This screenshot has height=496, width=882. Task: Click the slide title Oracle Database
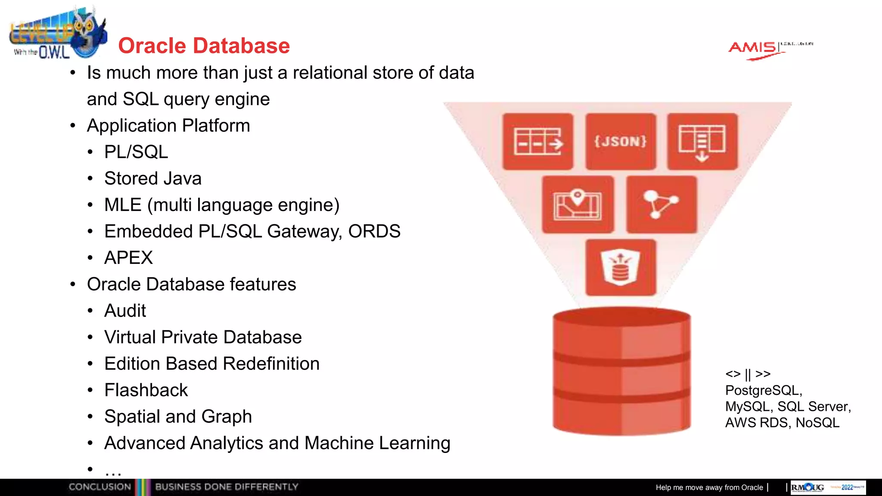204,46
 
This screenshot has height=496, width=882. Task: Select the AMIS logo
754,48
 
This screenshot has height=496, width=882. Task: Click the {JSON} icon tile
621,142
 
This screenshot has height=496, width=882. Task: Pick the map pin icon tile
578,205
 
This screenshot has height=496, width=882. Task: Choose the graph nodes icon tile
661,205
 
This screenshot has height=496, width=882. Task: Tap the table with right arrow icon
538,142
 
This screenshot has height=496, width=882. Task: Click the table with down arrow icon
702,142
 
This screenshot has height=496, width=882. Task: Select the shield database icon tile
621,267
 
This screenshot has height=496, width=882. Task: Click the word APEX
128,258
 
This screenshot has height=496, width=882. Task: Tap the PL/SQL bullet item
136,152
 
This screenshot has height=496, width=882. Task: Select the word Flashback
146,390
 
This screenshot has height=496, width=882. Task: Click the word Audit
125,311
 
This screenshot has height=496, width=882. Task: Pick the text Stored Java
152,179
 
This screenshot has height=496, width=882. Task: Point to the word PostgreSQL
763,391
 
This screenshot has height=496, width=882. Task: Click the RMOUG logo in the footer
807,487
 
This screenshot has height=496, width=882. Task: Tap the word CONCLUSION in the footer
100,487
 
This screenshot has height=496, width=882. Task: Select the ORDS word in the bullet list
374,232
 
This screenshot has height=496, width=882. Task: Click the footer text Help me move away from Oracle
709,487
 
